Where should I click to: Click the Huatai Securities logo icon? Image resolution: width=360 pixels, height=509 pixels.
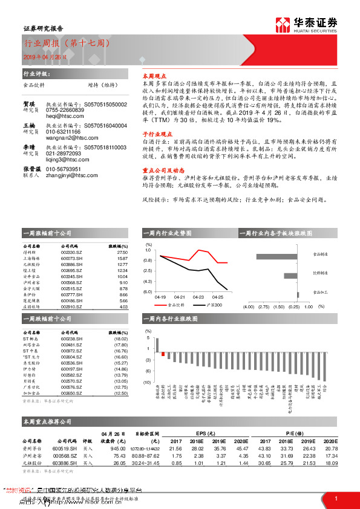pos(282,25)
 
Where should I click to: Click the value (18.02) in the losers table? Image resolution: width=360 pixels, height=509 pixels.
pos(121,339)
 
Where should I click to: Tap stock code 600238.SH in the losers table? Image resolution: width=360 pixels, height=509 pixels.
pos(73,339)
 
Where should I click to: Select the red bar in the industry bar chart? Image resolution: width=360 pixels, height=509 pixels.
pos(163,354)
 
